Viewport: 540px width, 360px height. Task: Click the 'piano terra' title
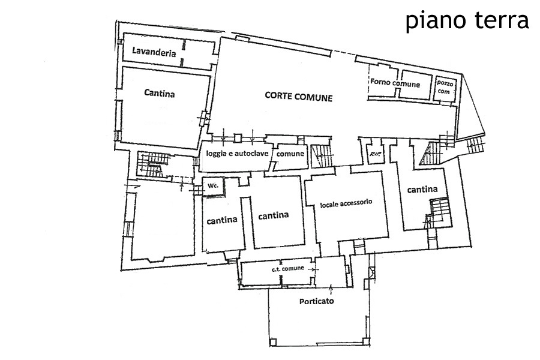pyautogui.click(x=467, y=20)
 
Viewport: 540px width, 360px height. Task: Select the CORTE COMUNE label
pyautogui.click(x=299, y=96)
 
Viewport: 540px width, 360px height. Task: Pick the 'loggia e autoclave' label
pyautogui.click(x=237, y=154)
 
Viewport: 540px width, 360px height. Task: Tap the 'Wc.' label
pyautogui.click(x=212, y=187)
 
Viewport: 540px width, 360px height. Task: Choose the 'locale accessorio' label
pyautogui.click(x=347, y=203)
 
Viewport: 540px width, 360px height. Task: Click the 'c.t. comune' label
pyautogui.click(x=288, y=268)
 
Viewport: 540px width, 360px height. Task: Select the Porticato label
pyautogui.click(x=316, y=301)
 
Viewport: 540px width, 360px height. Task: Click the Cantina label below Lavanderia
pyautogui.click(x=159, y=94)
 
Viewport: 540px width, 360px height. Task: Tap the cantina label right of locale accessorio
pyautogui.click(x=422, y=190)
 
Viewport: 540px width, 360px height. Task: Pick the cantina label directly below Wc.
pyautogui.click(x=222, y=220)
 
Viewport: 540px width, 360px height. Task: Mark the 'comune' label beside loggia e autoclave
pyautogui.click(x=290, y=154)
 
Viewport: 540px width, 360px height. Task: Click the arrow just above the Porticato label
pyautogui.click(x=330, y=288)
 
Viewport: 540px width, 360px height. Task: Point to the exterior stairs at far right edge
pyautogui.click(x=477, y=144)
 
